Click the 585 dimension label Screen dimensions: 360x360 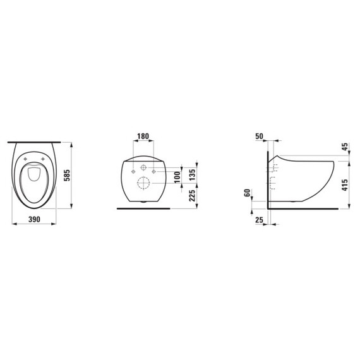(67, 176)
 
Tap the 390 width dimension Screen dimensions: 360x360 (34, 220)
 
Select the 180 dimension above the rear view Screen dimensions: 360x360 (143, 136)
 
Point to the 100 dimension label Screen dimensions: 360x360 (177, 177)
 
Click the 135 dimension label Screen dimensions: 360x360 (192, 174)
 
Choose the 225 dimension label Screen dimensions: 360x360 (192, 196)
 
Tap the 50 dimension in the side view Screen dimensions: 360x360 (259, 136)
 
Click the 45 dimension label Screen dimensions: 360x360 (345, 147)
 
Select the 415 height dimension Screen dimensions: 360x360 (345, 185)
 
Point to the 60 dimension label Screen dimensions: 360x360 (248, 193)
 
